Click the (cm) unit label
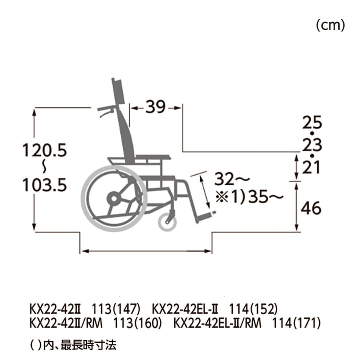[330, 26]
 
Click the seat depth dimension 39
[155, 107]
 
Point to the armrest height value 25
[312, 123]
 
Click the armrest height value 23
[312, 145]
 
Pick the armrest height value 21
[312, 168]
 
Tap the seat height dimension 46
[312, 208]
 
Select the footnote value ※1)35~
[249, 197]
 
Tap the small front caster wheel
[167, 221]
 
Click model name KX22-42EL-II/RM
[217, 323]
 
